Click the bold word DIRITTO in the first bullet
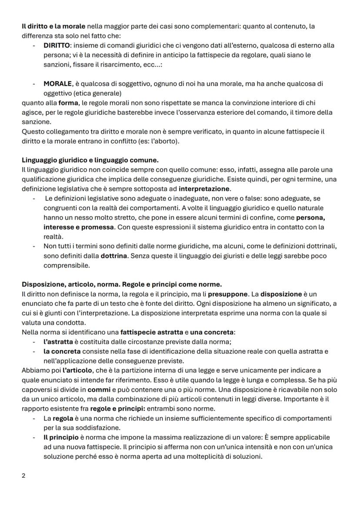pyautogui.click(x=57, y=45)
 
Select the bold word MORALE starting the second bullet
pyautogui.click(x=57, y=83)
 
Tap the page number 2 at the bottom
pyautogui.click(x=24, y=476)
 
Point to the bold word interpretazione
pyautogui.click(x=205, y=189)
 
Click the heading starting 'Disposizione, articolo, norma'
pyautogui.click(x=122, y=284)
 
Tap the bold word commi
pyautogui.click(x=99, y=389)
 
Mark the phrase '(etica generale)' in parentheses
pyautogui.click(x=83, y=93)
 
